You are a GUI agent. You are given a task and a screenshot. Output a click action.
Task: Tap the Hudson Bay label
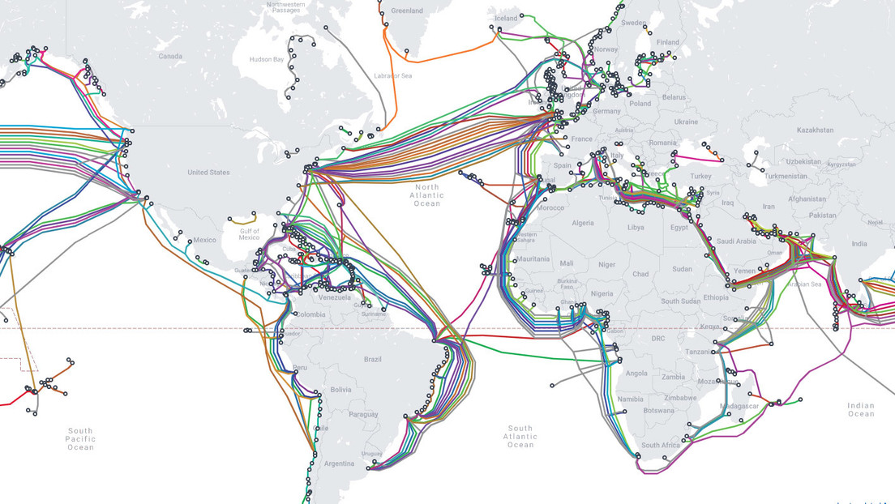coord(267,59)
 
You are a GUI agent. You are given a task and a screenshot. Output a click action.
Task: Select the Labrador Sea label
coord(394,75)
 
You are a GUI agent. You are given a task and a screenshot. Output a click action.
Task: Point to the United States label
coord(208,173)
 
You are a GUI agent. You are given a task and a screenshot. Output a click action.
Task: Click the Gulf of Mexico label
coord(249,234)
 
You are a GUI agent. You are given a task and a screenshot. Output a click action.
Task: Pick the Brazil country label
coord(372,360)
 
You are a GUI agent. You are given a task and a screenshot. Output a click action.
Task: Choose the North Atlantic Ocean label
coord(426,195)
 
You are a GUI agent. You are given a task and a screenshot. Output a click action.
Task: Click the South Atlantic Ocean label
coord(520,437)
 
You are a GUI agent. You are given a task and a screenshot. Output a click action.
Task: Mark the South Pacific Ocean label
coord(80,439)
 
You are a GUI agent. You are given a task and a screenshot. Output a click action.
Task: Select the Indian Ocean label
coord(860,409)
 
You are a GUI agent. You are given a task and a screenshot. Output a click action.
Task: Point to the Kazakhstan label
coord(814,130)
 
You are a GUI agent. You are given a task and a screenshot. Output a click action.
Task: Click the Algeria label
coord(582,223)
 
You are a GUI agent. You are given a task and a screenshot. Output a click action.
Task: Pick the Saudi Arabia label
coord(735,241)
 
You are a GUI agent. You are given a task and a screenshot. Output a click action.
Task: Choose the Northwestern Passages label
coord(287,9)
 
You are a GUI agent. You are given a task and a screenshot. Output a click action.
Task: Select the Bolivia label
coord(341,390)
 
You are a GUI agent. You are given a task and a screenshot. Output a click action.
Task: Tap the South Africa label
coord(661,446)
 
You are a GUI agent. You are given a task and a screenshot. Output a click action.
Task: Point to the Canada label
coord(170,56)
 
